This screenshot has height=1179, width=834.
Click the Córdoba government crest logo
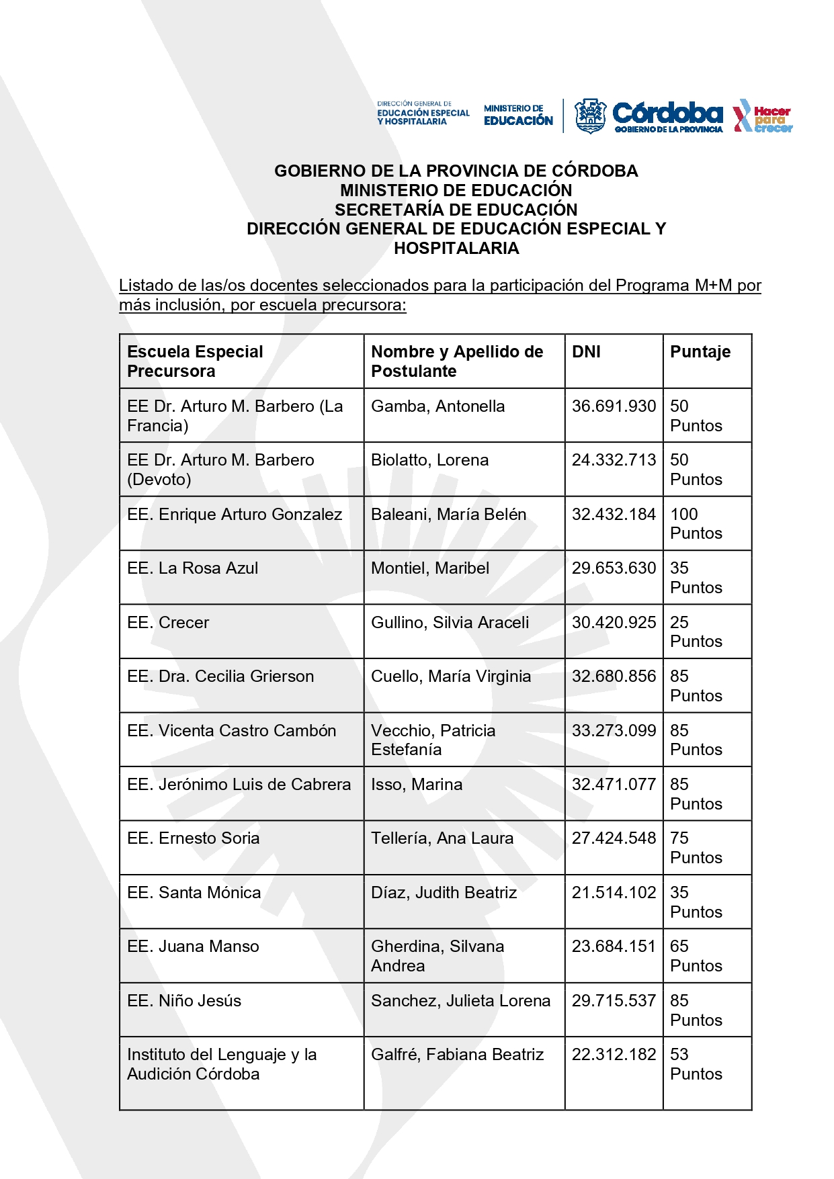pos(590,116)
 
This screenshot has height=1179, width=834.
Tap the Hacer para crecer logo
pos(763,116)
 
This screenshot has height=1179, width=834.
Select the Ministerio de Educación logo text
pos(518,116)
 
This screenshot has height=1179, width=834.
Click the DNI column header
pos(586,352)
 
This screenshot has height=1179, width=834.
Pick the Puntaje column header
pos(700,352)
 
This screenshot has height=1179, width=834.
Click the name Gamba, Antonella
pos(437,406)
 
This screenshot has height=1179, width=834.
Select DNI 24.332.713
pos(614,460)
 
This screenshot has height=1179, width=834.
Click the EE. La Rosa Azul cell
pos(193,568)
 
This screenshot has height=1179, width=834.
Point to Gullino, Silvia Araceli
pos(450,623)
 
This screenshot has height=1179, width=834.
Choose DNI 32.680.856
pos(614,676)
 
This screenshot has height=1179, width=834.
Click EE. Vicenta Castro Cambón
pos(232,731)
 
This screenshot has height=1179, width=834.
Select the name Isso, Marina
pos(417,785)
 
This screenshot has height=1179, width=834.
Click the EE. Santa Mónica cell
pos(194,893)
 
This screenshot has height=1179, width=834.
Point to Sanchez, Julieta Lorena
pos(460,1001)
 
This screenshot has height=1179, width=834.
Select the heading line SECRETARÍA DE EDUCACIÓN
pos(456,210)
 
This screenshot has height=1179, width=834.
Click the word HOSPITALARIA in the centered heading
pos(456,249)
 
